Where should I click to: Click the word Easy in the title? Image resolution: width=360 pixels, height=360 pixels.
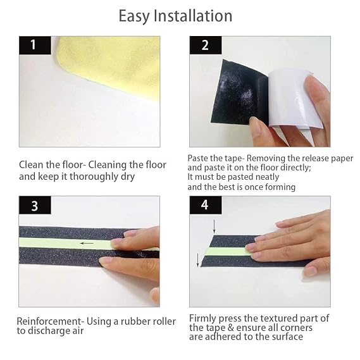134,16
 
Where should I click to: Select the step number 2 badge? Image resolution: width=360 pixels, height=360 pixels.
205,45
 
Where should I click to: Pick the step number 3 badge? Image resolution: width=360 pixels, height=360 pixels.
34,206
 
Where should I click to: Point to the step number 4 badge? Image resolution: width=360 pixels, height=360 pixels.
205,206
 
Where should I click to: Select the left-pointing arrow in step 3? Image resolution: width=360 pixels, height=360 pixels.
86,242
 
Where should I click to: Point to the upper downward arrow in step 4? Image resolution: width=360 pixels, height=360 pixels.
214,226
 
